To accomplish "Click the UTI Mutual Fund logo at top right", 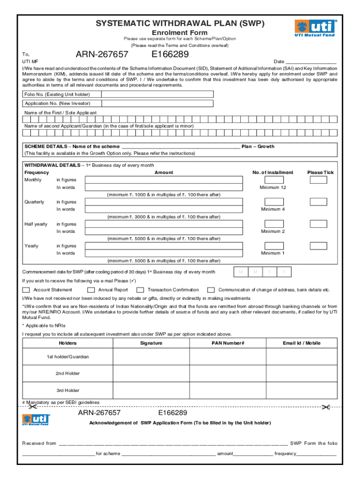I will point(315,28).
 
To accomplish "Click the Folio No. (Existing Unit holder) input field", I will point(157,94).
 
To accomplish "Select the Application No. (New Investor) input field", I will point(157,103).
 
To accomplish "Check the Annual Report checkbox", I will point(91,290).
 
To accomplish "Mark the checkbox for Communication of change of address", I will point(211,290).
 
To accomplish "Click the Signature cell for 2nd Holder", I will point(151,374).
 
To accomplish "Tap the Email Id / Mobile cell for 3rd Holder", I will point(302,391).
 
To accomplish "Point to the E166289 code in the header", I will point(170,55).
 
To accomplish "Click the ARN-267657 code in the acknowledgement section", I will point(99,413).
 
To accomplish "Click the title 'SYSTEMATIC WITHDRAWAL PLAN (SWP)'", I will point(180,23).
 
